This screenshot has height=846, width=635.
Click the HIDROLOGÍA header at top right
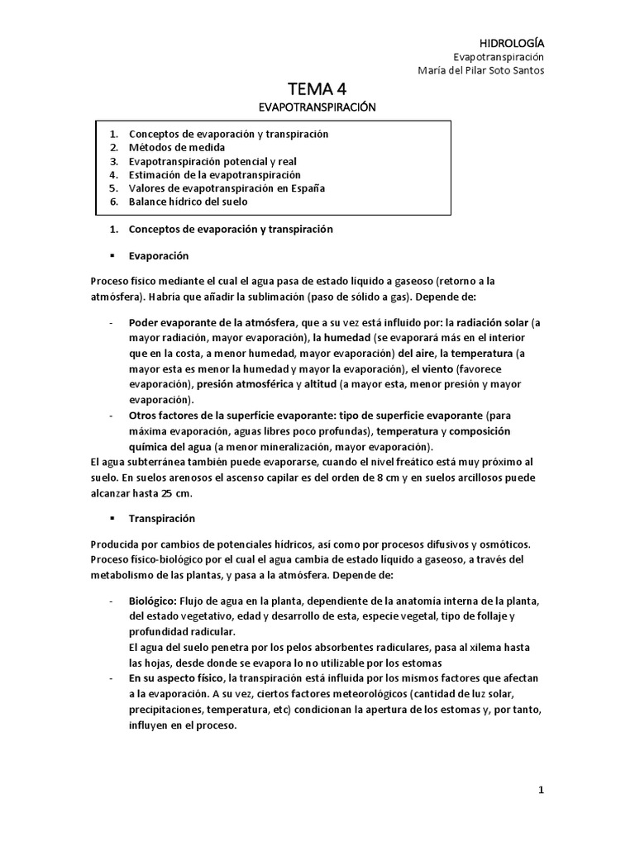(x=513, y=42)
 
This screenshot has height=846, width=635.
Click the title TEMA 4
(x=317, y=89)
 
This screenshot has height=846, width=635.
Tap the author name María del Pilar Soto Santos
(x=483, y=70)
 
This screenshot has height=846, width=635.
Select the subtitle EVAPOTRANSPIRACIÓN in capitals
(x=317, y=107)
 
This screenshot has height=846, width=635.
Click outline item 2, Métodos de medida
(x=177, y=148)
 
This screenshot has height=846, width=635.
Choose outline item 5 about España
(x=227, y=188)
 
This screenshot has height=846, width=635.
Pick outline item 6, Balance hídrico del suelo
(x=188, y=201)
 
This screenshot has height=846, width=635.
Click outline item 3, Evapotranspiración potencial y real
(x=212, y=161)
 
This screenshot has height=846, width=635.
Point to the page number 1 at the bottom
(x=542, y=790)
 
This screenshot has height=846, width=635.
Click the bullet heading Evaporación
(x=159, y=255)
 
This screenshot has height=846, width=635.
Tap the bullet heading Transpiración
(x=162, y=518)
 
